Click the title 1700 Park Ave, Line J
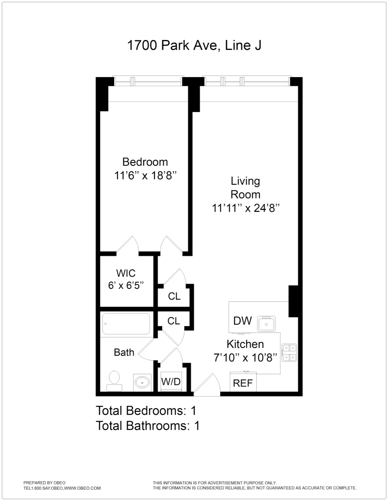click(194, 45)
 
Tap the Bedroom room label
click(145, 162)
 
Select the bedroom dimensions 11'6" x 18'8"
click(146, 176)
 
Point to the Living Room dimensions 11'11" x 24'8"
click(246, 208)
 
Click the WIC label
click(125, 273)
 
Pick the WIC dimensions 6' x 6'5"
click(125, 286)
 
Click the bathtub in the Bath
click(126, 324)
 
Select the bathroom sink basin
click(142, 382)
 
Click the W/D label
click(171, 381)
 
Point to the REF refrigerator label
click(243, 383)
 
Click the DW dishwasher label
click(243, 321)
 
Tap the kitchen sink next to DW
click(267, 324)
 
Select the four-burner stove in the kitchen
click(289, 352)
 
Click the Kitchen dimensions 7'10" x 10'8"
click(245, 357)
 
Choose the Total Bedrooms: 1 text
click(146, 411)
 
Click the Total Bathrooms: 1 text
click(148, 426)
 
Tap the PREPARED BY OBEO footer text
click(44, 482)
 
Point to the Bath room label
click(124, 352)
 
